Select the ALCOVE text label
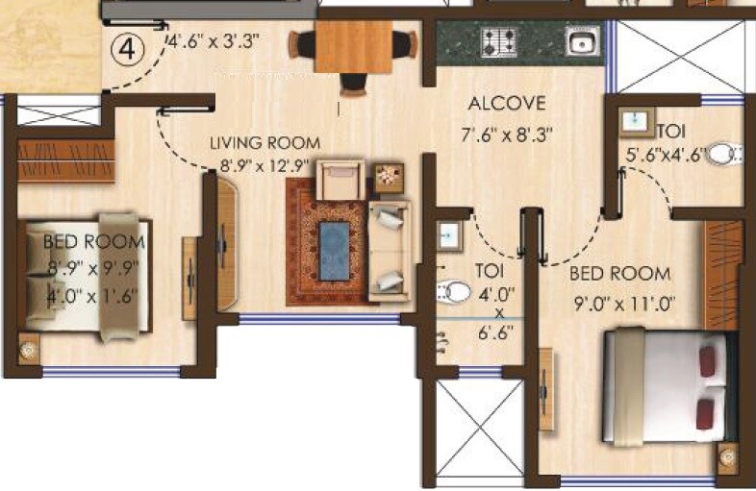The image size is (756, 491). coord(507,104)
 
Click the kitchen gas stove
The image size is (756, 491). coord(499,41)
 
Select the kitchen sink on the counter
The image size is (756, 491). coord(580,41)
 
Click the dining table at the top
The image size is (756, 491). coord(353,46)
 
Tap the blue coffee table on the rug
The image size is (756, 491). coord(334,250)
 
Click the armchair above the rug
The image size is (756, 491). coord(340,179)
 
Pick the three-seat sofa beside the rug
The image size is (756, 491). coord(390,250)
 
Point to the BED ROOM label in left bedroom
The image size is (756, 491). coord(87,242)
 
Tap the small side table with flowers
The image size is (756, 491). coord(390,176)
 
